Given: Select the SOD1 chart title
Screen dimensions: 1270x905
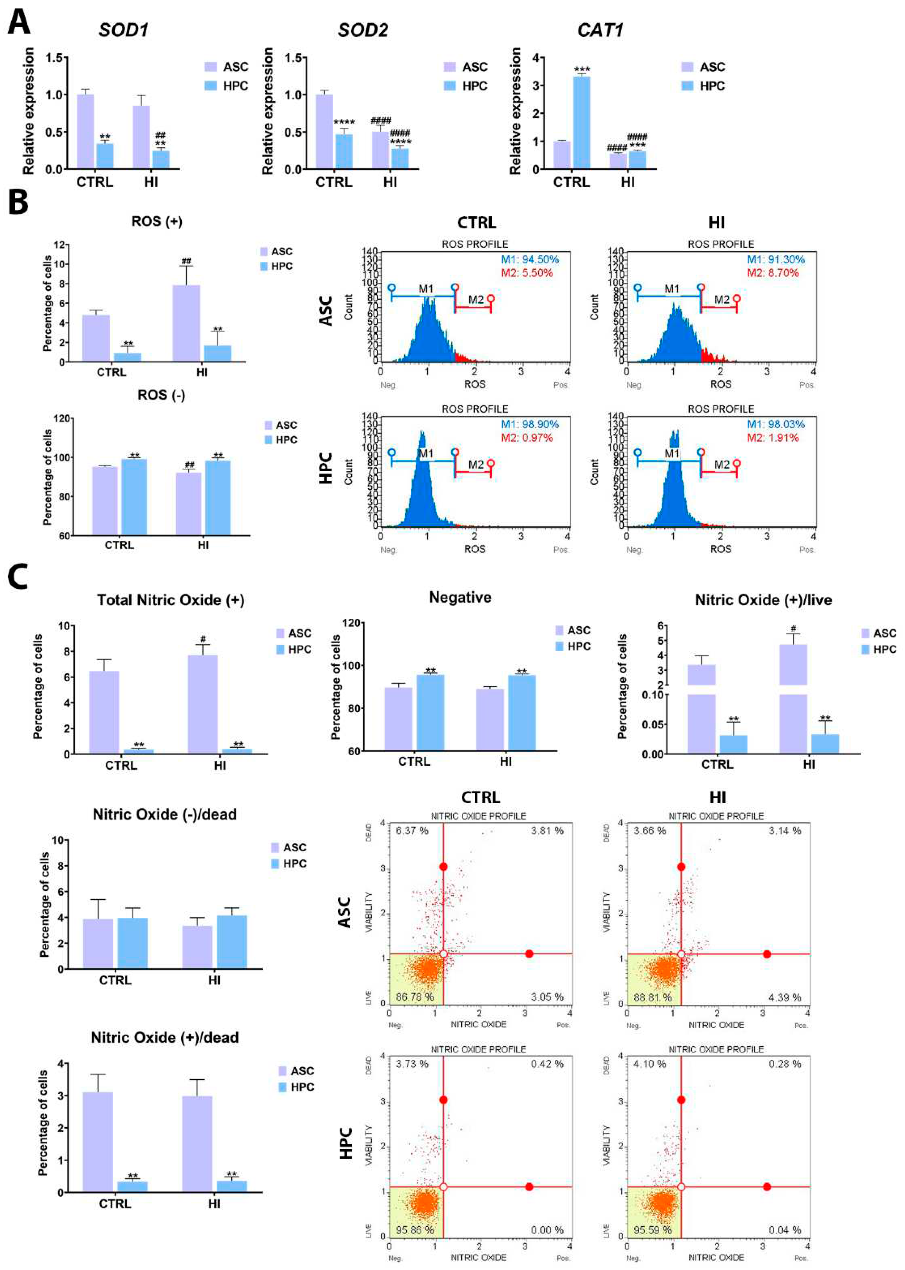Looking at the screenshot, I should (x=124, y=29).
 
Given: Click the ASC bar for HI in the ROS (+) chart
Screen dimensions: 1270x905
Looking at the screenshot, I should (x=186, y=323).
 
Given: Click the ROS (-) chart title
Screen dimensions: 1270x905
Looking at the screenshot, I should (x=162, y=395).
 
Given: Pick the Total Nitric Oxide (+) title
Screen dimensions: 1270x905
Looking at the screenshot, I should (x=171, y=600).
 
